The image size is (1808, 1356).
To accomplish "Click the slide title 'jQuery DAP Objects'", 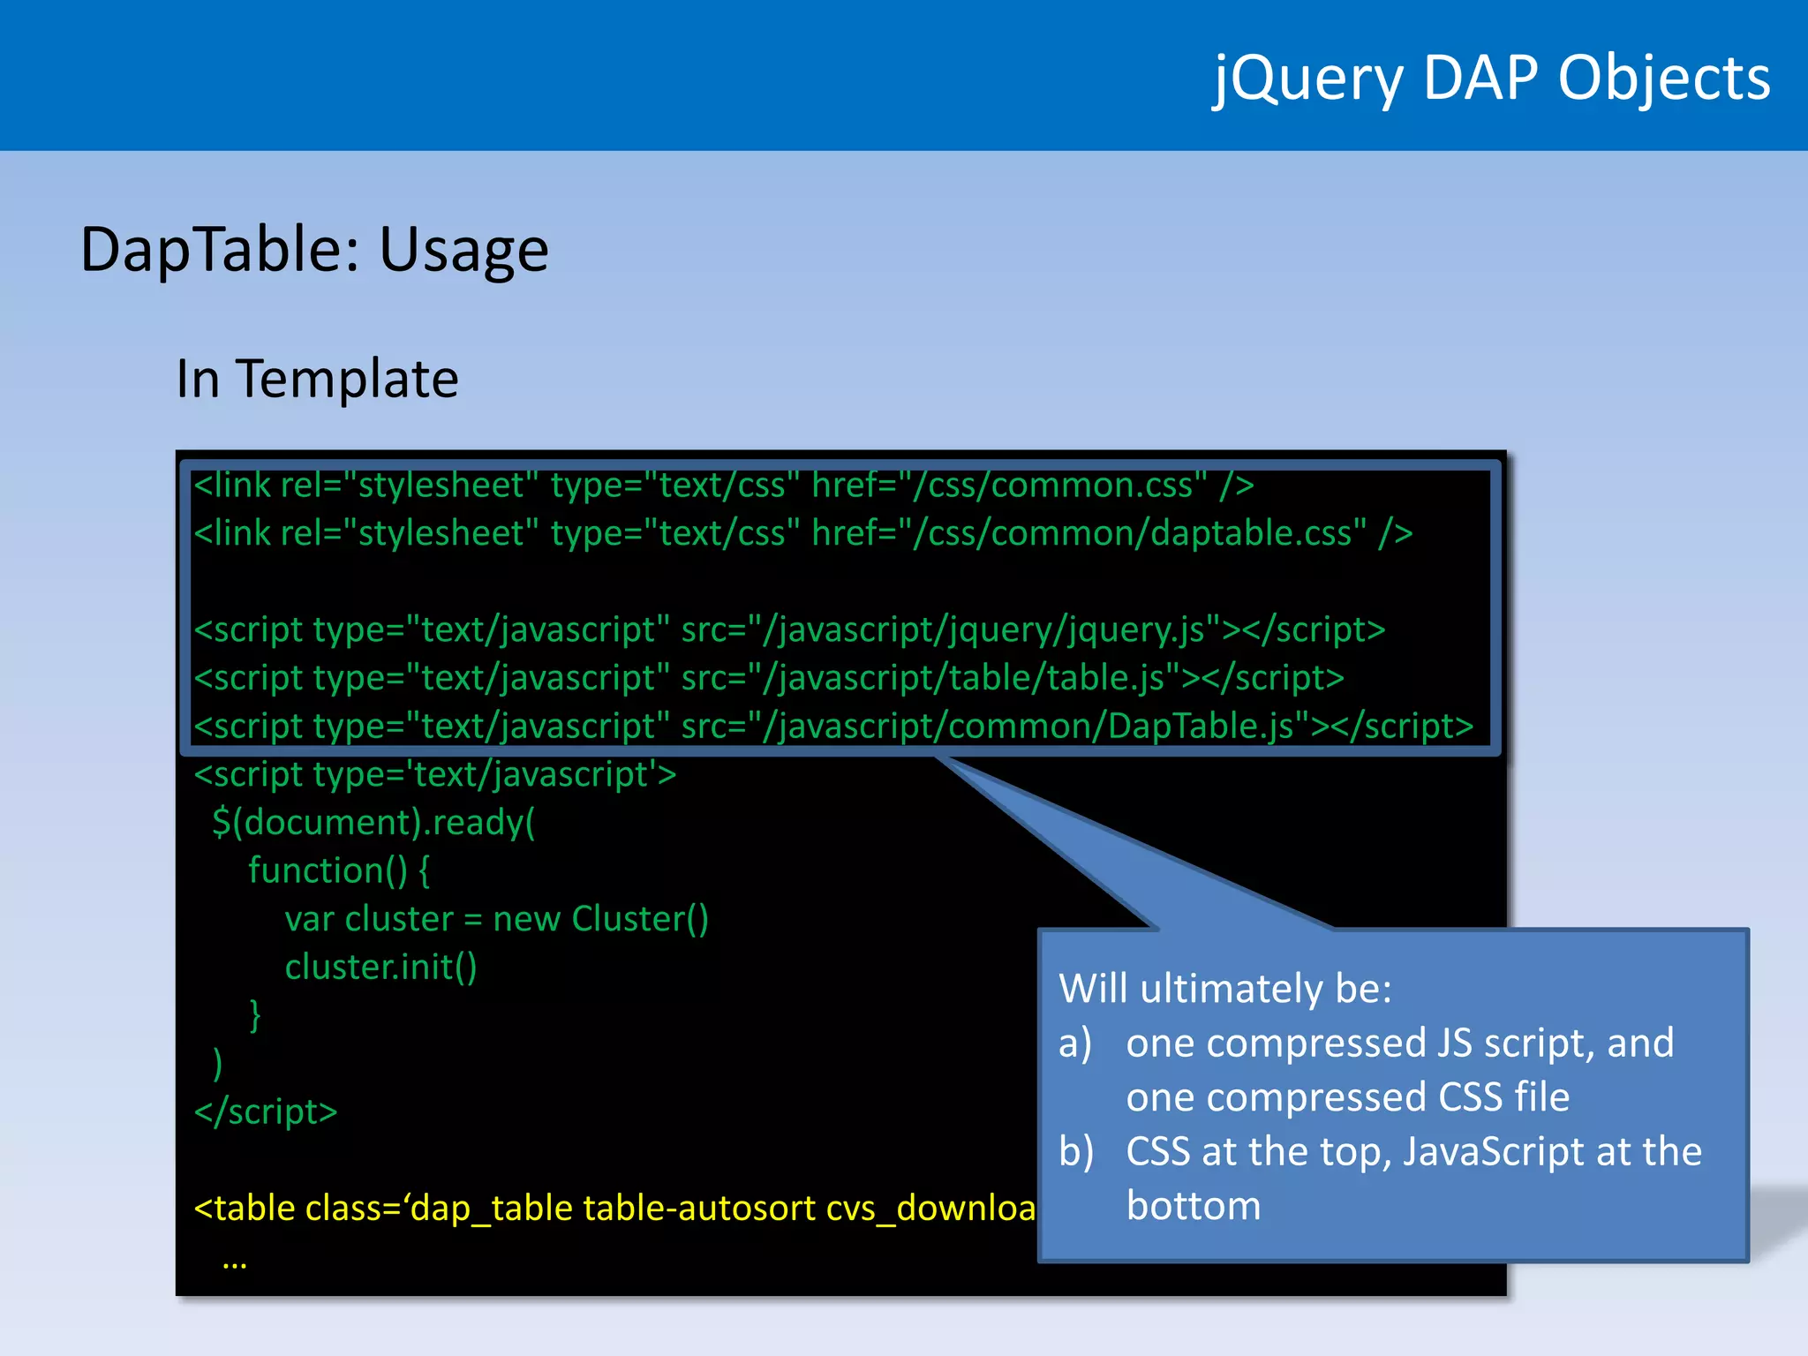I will click(1491, 78).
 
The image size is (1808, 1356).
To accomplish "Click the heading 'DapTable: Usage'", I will click(314, 250).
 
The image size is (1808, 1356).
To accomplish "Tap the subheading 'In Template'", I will click(318, 379).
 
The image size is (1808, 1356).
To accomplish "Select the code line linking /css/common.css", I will click(724, 486).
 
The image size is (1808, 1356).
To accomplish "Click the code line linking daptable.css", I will click(803, 534).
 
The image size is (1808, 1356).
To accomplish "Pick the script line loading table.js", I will click(769, 678).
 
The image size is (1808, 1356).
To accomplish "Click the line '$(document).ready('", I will click(373, 823).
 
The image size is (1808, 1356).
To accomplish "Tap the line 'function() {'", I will click(339, 871).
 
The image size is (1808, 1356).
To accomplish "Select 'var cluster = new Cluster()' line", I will click(496, 919).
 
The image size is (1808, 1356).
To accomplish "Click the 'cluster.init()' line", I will click(380, 968).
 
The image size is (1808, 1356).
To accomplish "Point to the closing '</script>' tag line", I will click(266, 1111).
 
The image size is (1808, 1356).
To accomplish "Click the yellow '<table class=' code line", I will click(614, 1208).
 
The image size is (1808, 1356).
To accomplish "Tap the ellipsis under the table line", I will click(235, 1262).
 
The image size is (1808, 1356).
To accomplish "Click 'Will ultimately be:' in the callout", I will click(1225, 989).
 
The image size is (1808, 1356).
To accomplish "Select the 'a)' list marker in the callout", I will click(1075, 1043).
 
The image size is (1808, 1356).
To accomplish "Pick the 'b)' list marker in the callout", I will click(1076, 1152).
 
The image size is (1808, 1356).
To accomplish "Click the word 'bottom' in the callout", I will click(1194, 1206).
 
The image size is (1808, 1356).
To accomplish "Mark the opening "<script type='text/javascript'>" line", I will click(435, 775).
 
